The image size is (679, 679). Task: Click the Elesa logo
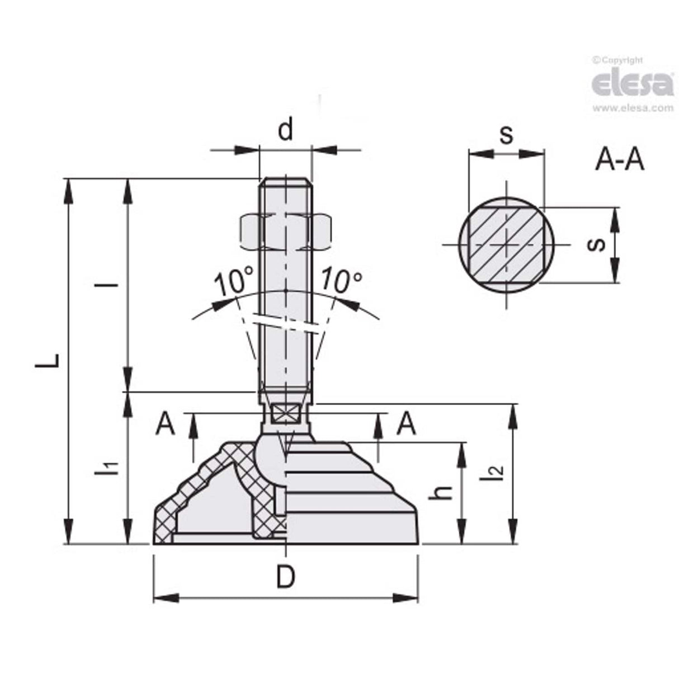coord(632,84)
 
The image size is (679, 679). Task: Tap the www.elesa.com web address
coord(632,109)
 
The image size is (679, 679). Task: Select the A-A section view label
coord(620,161)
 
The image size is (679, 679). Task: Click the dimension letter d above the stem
coord(285,131)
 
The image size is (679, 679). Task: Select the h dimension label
coord(444,492)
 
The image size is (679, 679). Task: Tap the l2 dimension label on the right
coord(494,473)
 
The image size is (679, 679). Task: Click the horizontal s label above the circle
coord(506,135)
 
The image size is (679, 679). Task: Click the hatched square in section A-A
coord(506,244)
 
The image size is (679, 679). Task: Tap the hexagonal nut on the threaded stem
coord(286,232)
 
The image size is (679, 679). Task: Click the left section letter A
coord(166,425)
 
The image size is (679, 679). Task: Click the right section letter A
coord(406,425)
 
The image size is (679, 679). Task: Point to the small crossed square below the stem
coord(285,415)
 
